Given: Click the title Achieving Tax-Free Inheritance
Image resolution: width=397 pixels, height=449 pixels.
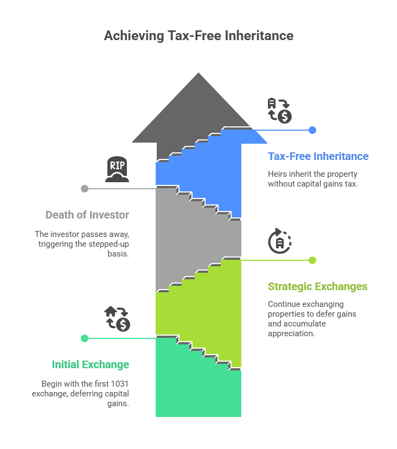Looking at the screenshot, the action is coord(198,36).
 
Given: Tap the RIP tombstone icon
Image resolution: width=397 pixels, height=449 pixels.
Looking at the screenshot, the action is coord(117,170).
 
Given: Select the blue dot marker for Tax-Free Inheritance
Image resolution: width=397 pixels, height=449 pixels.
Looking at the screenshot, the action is coord(312,130).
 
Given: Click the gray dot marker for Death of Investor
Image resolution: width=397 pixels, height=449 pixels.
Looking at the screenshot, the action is coord(85,189).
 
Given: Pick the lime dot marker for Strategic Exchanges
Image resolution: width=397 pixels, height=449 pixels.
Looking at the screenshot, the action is coord(312,260).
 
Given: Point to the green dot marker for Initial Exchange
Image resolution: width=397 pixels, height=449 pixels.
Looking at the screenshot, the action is coord(85,338).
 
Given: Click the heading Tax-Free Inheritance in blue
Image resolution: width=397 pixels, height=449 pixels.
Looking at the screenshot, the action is coord(318,156).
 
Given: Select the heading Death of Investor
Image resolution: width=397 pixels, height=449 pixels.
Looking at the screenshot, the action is coord(87,215).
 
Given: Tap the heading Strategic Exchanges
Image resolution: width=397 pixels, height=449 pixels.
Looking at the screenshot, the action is coord(317,286).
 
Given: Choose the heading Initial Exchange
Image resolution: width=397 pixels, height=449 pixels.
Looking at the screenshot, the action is coord(91,364).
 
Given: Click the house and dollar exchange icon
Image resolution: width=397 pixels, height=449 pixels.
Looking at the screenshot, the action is coord(117,318).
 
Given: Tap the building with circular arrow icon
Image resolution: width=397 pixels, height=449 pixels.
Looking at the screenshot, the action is coord(280,241).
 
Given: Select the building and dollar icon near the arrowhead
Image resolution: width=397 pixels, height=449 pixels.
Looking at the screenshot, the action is coord(280,111).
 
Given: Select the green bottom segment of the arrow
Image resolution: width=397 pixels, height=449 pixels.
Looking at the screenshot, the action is coord(198,390).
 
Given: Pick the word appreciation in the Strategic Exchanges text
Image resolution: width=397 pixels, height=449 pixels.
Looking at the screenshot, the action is coord(291,333).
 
